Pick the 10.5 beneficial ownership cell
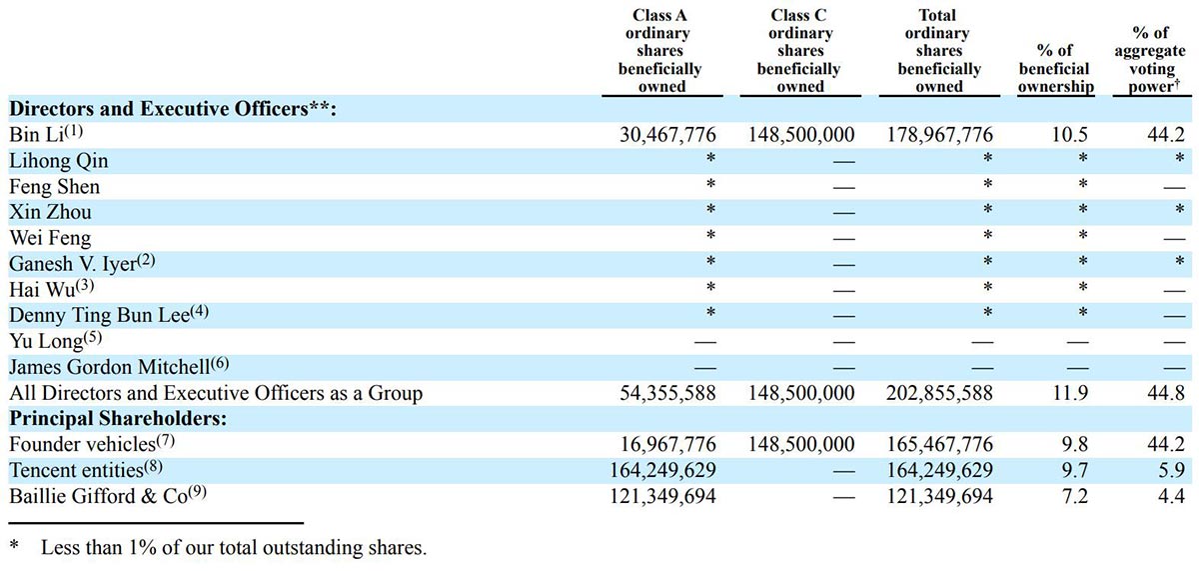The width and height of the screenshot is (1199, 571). (1056, 135)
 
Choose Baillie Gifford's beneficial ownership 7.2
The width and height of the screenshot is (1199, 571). (1056, 495)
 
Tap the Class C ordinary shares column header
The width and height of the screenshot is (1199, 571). (798, 51)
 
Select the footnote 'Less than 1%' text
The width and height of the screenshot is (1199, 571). (232, 548)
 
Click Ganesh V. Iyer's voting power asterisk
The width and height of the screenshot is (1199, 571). (1179, 263)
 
